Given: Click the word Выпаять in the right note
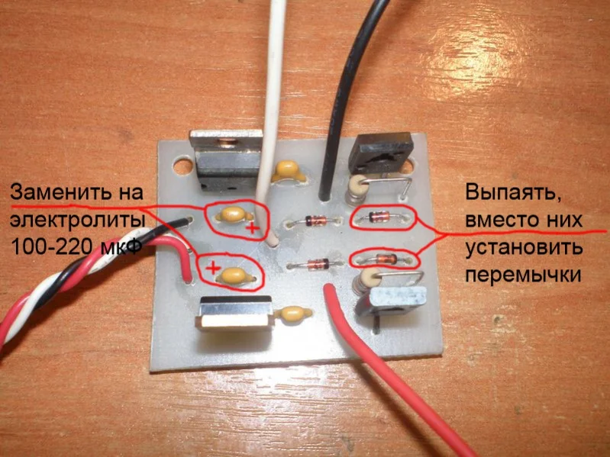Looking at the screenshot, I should [505, 191].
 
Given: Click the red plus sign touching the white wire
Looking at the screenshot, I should [250, 227].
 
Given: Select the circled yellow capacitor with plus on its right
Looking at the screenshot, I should [229, 215].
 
